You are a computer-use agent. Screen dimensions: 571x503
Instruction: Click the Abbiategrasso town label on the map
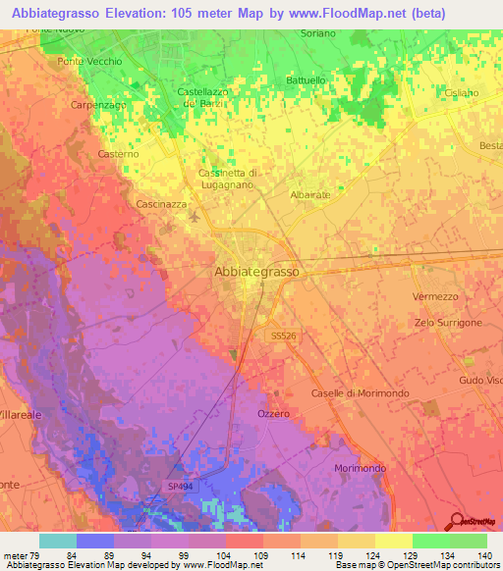pyautogui.click(x=256, y=272)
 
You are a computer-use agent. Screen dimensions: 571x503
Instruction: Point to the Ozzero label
pyautogui.click(x=274, y=413)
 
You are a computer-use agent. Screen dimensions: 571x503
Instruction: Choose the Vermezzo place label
pyautogui.click(x=435, y=296)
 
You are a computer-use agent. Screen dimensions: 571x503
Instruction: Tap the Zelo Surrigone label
pyautogui.click(x=448, y=323)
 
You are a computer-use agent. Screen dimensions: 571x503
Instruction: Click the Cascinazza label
pyautogui.click(x=161, y=204)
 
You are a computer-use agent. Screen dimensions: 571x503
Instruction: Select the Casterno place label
pyautogui.click(x=119, y=154)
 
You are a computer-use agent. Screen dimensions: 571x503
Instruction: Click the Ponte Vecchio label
pyautogui.click(x=90, y=61)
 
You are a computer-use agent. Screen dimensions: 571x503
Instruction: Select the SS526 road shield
pyautogui.click(x=282, y=335)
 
